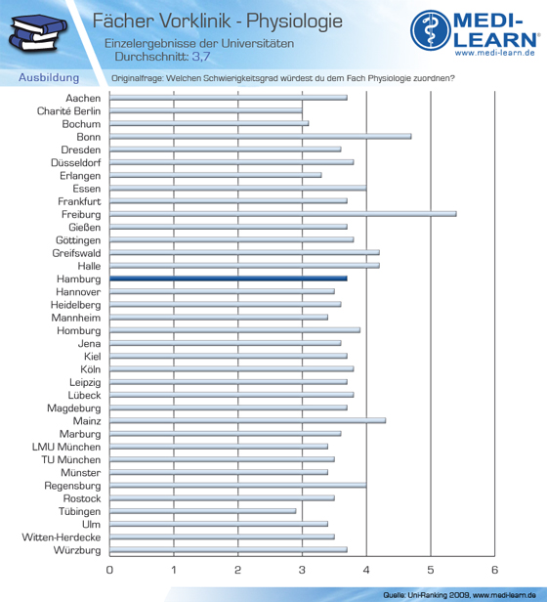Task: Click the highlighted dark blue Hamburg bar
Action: (x=229, y=279)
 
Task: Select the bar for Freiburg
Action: (x=283, y=214)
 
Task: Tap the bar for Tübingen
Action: (x=202, y=511)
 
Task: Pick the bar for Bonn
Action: (x=261, y=136)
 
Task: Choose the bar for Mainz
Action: (x=247, y=420)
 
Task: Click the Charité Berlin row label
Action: (x=68, y=111)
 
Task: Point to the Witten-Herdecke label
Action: (x=62, y=537)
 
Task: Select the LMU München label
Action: (x=66, y=447)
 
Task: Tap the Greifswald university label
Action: (x=76, y=253)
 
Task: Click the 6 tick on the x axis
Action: (x=495, y=570)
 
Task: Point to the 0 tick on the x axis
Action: (x=109, y=570)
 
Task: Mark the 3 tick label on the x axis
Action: (x=302, y=570)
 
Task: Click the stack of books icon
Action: (x=37, y=33)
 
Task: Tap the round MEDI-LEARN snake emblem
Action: (x=430, y=30)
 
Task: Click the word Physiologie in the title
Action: (x=294, y=21)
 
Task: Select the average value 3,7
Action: (x=201, y=57)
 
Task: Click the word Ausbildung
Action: (x=49, y=77)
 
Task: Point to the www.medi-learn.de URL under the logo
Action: (x=495, y=53)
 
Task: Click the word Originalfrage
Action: (x=137, y=78)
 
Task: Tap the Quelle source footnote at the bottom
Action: (x=459, y=595)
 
